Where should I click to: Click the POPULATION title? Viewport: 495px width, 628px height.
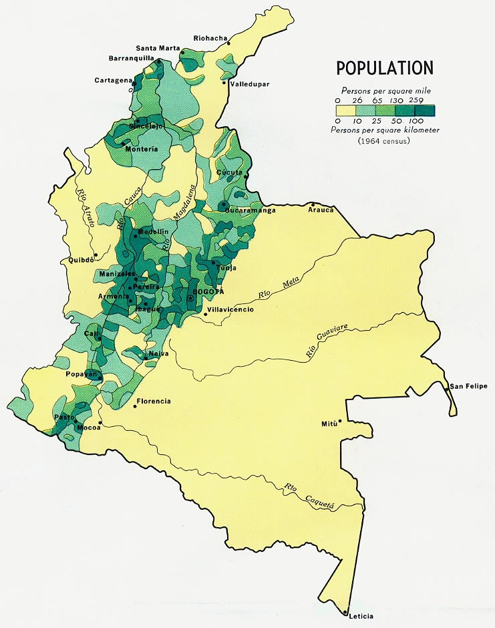click(384, 68)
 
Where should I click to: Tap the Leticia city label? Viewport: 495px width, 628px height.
click(360, 616)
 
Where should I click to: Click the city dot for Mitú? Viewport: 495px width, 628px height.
click(340, 421)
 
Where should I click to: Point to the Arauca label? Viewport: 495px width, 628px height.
click(321, 210)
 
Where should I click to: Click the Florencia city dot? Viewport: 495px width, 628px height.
click(136, 406)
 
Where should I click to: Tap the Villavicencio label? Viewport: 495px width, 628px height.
click(230, 309)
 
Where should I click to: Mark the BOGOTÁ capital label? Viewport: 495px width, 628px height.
click(208, 293)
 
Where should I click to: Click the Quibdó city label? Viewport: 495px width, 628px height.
click(77, 261)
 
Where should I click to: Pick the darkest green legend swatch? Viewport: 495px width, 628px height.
click(425, 111)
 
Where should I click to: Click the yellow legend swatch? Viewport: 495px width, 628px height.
click(346, 111)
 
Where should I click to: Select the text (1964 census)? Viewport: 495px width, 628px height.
click(383, 141)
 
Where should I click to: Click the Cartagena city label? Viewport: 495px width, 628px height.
click(114, 80)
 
